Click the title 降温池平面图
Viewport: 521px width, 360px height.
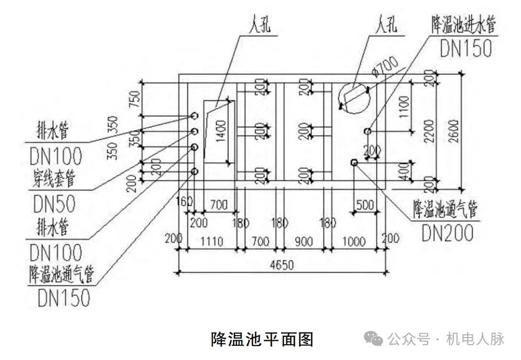(262, 340)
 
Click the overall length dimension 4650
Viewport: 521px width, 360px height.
(281, 265)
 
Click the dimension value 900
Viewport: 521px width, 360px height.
(303, 240)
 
